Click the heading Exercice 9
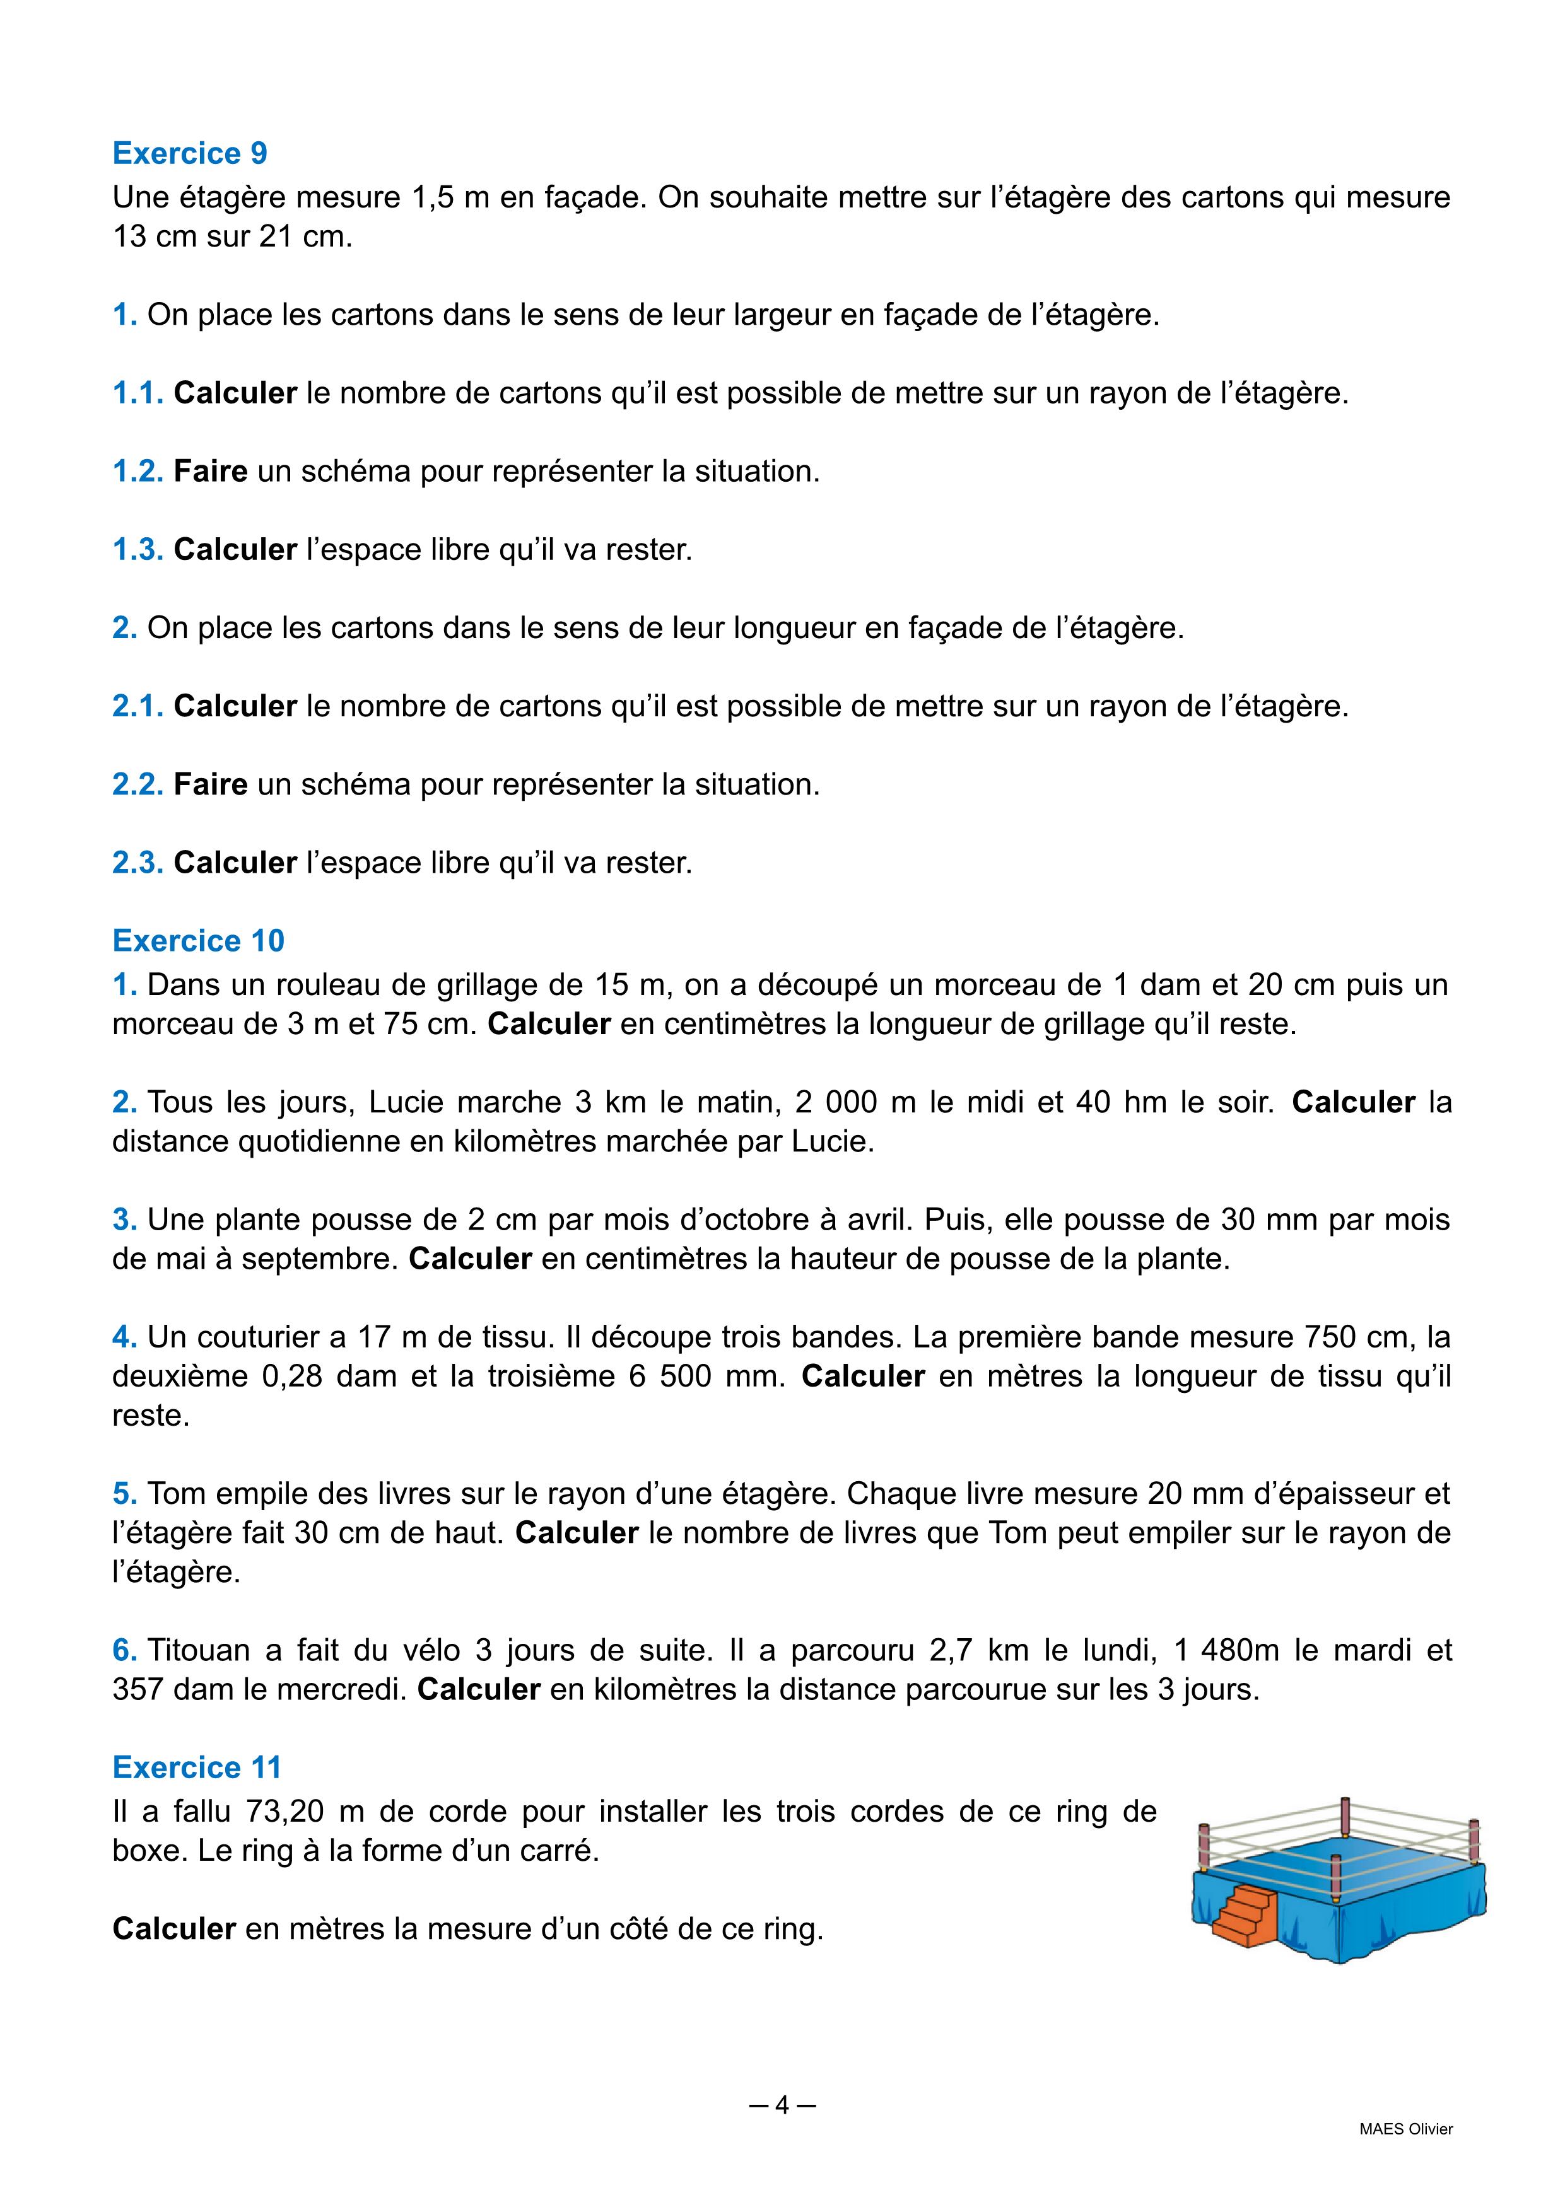click(x=190, y=153)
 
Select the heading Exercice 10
click(x=199, y=940)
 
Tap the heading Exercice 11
click(x=197, y=1767)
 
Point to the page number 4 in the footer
click(x=782, y=2105)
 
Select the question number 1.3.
click(x=138, y=549)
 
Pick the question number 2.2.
click(x=138, y=784)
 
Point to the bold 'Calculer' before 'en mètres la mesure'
click(x=175, y=1930)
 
